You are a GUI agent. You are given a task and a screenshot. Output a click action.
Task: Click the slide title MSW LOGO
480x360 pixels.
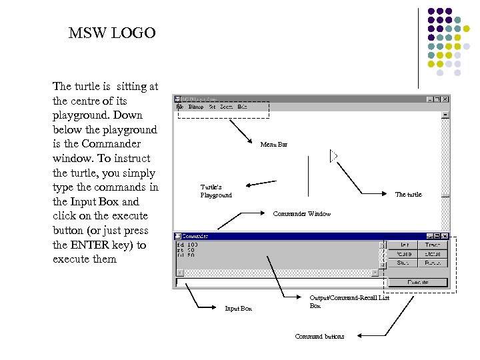(112, 33)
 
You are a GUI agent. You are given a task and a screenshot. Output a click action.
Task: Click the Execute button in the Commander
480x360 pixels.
(417, 282)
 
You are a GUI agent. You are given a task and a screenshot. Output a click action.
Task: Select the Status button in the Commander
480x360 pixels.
(432, 254)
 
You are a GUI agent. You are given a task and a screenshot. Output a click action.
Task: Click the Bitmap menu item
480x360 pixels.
(196, 107)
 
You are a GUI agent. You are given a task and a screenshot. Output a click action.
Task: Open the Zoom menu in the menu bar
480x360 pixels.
(226, 107)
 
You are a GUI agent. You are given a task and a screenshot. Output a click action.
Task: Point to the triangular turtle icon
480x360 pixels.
(334, 156)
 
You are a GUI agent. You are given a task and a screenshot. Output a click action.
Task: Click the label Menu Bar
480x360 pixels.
(273, 144)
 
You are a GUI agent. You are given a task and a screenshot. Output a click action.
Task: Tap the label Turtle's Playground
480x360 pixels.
(216, 191)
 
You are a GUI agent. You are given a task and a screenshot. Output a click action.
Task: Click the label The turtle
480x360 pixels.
(408, 195)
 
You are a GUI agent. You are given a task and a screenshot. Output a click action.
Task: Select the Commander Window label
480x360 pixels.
(301, 214)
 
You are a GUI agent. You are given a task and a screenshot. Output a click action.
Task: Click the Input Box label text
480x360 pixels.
(238, 309)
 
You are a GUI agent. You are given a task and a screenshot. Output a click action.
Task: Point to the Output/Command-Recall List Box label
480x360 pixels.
(349, 301)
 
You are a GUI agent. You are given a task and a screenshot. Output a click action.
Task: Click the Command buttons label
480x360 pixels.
(319, 337)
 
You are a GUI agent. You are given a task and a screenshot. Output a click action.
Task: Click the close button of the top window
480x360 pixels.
(445, 99)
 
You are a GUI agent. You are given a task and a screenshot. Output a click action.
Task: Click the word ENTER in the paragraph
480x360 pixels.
(92, 245)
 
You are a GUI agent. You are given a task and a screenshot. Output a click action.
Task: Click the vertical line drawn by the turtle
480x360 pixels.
(308, 176)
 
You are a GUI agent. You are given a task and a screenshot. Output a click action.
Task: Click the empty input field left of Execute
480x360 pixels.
(280, 282)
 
